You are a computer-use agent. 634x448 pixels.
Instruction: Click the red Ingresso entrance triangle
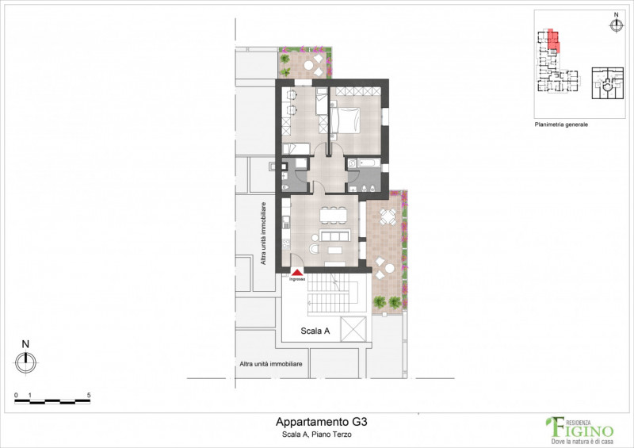(x=297, y=272)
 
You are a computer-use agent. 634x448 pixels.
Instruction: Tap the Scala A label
(x=315, y=331)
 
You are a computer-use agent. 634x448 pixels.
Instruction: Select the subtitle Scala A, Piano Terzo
(x=315, y=435)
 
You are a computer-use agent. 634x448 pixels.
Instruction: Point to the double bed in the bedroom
(x=346, y=121)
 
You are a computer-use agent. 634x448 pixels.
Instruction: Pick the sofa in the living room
(x=334, y=237)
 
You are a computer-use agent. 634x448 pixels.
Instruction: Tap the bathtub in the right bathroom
(x=365, y=163)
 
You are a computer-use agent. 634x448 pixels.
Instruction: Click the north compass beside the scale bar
(x=25, y=361)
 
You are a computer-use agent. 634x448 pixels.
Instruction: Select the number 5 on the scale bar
(x=89, y=394)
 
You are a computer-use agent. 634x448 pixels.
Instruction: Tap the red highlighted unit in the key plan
(x=552, y=40)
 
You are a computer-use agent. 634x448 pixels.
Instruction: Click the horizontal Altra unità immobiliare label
(x=271, y=364)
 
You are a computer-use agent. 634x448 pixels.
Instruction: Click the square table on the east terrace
(x=388, y=216)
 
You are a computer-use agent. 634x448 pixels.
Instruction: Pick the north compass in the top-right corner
(x=616, y=24)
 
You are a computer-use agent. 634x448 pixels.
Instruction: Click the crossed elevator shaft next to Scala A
(x=355, y=327)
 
